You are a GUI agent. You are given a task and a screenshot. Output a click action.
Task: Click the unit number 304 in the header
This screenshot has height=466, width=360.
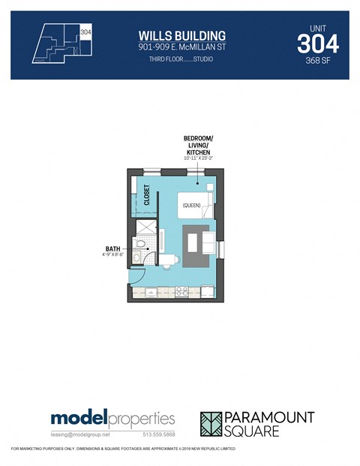tap(317, 44)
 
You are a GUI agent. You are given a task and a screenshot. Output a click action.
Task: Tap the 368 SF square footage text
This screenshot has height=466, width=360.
tap(317, 62)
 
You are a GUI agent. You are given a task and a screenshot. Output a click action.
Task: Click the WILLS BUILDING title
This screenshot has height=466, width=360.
tap(182, 35)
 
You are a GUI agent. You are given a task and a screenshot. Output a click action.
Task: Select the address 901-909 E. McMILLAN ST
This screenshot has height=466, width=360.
tap(182, 47)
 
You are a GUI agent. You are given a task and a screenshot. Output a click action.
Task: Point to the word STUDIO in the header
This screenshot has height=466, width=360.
tap(200, 59)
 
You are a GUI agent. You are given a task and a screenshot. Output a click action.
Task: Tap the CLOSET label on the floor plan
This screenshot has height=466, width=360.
tap(148, 195)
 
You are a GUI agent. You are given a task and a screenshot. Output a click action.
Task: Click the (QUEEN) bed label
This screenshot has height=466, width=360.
tap(190, 204)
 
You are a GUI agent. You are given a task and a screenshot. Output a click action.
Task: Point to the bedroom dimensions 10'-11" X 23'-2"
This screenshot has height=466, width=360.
tap(198, 158)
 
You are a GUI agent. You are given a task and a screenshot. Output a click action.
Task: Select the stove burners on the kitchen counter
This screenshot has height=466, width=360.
tap(180, 290)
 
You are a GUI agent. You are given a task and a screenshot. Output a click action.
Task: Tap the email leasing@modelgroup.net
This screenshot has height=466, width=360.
tap(80, 434)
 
